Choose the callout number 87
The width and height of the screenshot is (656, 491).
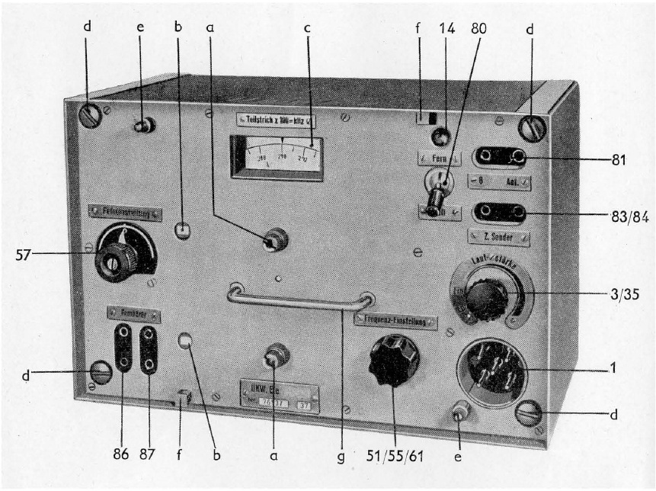(149, 457)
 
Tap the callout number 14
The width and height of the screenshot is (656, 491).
(447, 30)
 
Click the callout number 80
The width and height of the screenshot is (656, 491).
(481, 30)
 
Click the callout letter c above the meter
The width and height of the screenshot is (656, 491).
(307, 30)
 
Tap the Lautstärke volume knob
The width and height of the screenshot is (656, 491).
(488, 300)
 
